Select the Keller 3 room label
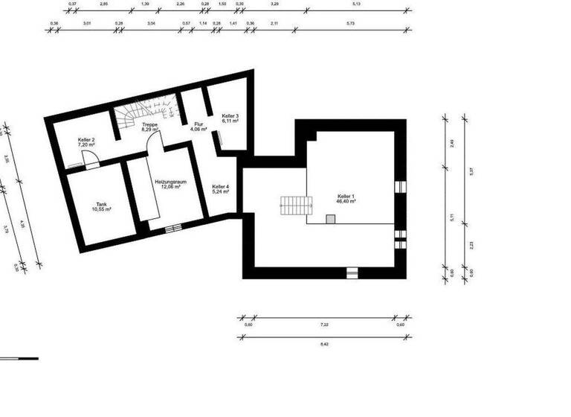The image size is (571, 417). [x=230, y=118]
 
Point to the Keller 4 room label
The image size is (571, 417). [x=220, y=188]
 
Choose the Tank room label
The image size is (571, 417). [x=101, y=206]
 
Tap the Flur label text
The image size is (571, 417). [x=198, y=127]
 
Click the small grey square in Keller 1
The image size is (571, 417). [x=330, y=218]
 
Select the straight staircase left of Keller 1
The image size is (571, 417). [x=292, y=205]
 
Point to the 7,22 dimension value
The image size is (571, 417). [x=324, y=325]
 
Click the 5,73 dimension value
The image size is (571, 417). [x=350, y=23]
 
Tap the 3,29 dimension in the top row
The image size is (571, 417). [x=275, y=4]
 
